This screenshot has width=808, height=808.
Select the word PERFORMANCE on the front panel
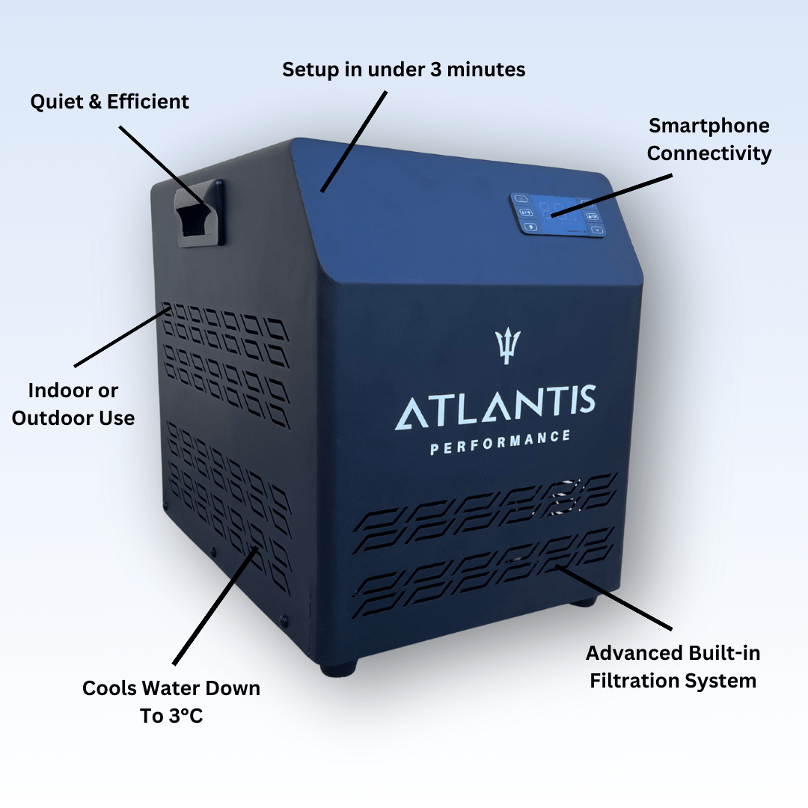tap(501, 442)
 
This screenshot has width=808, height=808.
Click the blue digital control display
tap(558, 215)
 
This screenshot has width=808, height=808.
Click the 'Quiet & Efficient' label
tap(110, 102)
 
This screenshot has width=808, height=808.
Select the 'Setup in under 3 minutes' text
tap(403, 70)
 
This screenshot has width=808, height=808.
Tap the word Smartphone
tap(708, 125)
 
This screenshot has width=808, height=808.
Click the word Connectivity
tap(708, 153)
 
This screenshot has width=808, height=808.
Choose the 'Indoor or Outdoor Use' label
tap(73, 404)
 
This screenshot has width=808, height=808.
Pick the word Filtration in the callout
tap(637, 681)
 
